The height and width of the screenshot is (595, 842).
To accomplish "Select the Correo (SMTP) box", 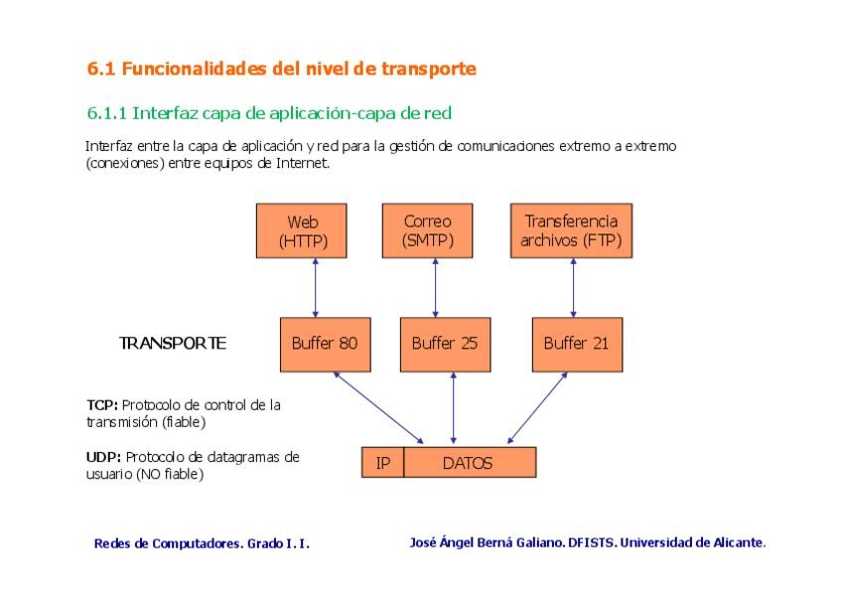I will tap(427, 230).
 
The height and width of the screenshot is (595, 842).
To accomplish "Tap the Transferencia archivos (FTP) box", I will tap(570, 230).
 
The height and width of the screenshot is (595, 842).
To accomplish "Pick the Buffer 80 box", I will tap(324, 344).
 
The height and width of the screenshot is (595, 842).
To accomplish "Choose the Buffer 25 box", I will tap(445, 344).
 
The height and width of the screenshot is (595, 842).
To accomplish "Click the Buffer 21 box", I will tap(576, 344).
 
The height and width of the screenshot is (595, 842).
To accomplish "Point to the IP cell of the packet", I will tap(382, 463).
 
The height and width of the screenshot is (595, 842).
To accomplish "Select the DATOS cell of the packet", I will tap(468, 463).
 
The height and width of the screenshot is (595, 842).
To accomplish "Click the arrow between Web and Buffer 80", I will tap(315, 288).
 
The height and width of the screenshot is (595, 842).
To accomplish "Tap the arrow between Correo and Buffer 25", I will tap(435, 288).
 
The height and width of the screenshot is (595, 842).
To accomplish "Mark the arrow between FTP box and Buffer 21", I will tap(573, 288).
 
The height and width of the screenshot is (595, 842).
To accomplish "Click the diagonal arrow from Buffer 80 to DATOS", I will tap(379, 407).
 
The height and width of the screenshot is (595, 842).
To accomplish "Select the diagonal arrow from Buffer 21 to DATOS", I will tap(537, 407).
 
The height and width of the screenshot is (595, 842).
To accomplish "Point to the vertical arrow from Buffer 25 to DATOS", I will tap(453, 407).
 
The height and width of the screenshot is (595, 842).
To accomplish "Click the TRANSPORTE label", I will tap(173, 344).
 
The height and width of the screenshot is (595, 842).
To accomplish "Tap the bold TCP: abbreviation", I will tap(103, 405).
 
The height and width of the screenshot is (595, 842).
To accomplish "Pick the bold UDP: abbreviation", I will tap(104, 457).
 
